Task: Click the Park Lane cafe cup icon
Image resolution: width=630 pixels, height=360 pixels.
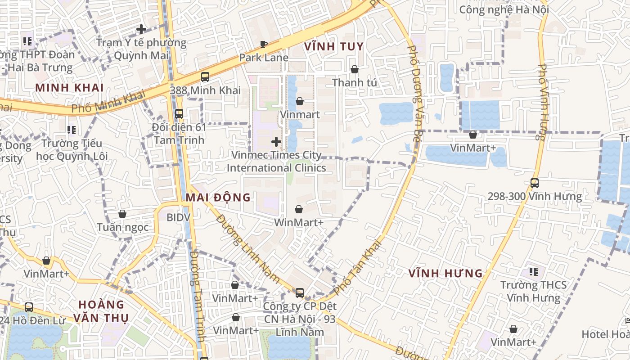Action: (x=264, y=44)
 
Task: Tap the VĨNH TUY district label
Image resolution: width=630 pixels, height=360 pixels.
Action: (x=333, y=46)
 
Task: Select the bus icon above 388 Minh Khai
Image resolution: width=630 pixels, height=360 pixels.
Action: (x=205, y=76)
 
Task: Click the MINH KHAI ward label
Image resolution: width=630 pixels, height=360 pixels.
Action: (x=69, y=88)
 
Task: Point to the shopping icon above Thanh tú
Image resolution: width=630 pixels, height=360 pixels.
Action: (x=355, y=69)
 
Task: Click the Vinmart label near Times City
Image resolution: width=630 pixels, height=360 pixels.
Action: (x=300, y=114)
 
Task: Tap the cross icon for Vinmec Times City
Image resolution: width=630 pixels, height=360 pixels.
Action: (x=276, y=142)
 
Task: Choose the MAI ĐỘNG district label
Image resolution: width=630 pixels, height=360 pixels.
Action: (x=218, y=197)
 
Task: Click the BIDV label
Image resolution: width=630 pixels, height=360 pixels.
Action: (x=179, y=217)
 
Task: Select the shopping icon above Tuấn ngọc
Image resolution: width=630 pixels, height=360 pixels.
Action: (x=122, y=214)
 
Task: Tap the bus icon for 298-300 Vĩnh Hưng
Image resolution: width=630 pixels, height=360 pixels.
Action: (x=535, y=183)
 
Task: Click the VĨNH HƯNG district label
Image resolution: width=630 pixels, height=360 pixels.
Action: (x=445, y=273)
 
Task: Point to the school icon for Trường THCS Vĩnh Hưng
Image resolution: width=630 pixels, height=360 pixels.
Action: (x=534, y=271)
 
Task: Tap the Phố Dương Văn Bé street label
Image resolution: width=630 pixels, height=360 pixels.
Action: (x=414, y=93)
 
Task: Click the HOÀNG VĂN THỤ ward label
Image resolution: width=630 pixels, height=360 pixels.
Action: (x=101, y=310)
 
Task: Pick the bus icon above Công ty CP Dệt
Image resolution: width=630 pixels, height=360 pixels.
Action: (x=300, y=293)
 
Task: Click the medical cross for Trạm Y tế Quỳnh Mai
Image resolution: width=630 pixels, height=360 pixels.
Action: (x=141, y=30)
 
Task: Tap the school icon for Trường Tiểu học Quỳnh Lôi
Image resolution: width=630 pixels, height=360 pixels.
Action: (x=72, y=130)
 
